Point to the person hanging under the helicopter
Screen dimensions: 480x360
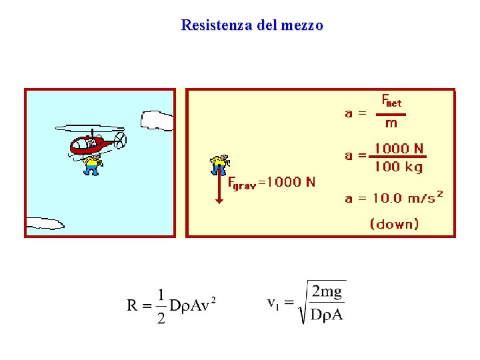[92, 164]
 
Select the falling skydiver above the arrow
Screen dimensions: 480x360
[219, 163]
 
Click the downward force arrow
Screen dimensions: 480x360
[219, 189]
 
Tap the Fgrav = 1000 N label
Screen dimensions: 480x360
[272, 182]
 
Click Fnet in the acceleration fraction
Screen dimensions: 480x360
[391, 101]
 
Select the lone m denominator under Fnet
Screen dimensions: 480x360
[391, 123]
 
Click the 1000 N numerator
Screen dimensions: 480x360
[399, 149]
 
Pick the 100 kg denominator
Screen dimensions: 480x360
[399, 167]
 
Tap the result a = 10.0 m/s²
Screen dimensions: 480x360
[393, 197]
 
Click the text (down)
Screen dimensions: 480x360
[395, 224]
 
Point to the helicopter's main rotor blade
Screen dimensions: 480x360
[89, 128]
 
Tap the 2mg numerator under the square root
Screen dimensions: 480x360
[327, 291]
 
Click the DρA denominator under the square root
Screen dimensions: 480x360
[327, 315]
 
